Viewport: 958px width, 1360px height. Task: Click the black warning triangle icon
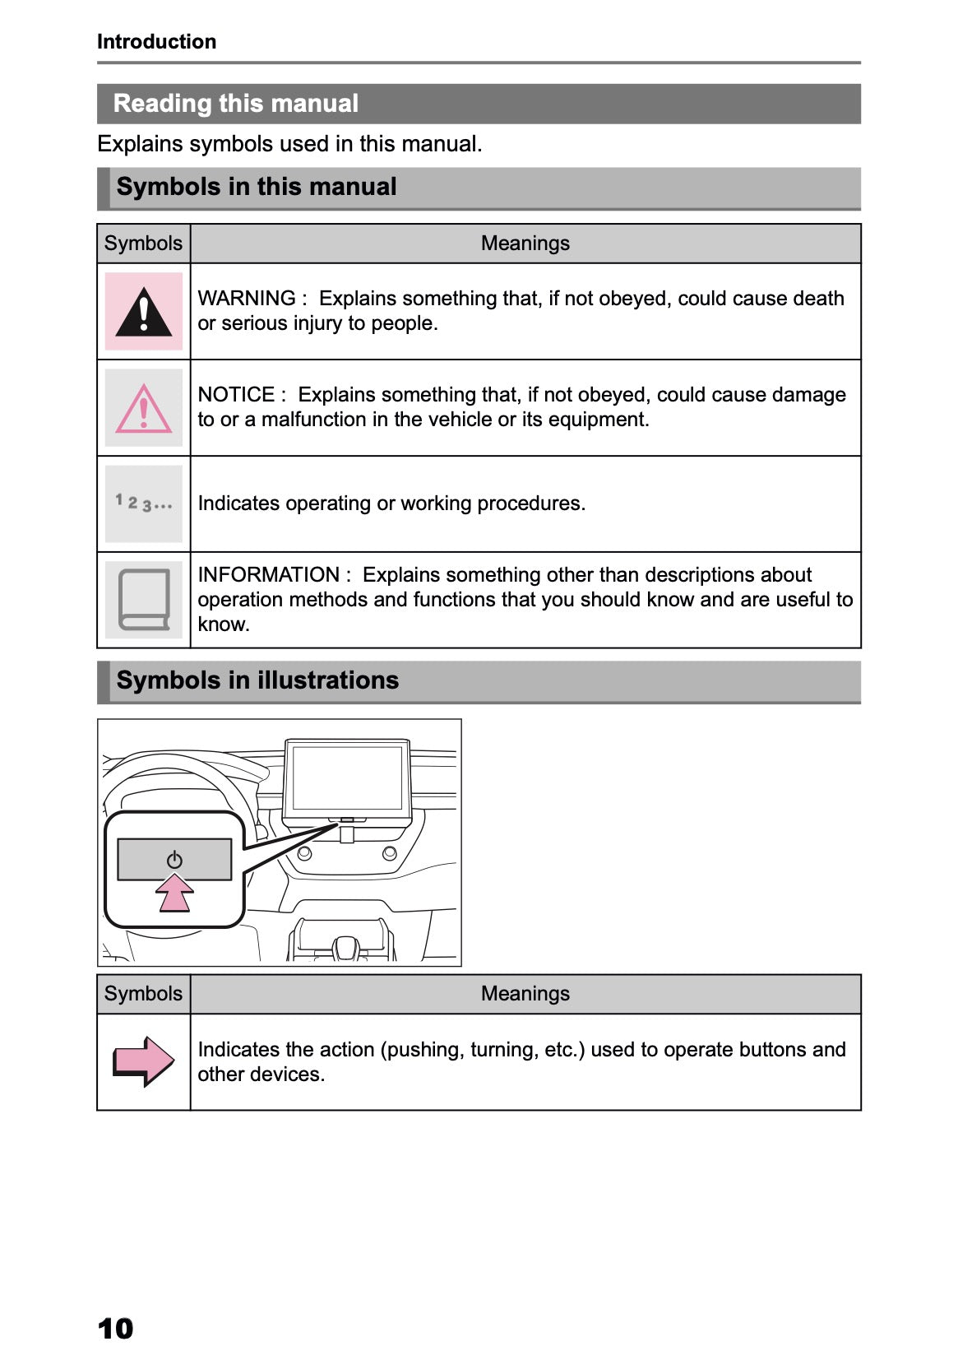(x=144, y=313)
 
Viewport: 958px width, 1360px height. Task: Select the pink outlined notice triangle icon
(x=144, y=410)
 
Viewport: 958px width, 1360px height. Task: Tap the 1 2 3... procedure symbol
(x=144, y=503)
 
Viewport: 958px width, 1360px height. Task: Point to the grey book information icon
(x=144, y=600)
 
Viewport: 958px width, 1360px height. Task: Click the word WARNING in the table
(x=246, y=299)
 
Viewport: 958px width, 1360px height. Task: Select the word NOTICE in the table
(x=236, y=395)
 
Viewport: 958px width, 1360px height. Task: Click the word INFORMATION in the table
(x=268, y=575)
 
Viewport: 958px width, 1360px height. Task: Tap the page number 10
(x=115, y=1328)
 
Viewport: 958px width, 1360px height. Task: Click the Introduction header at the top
(x=156, y=42)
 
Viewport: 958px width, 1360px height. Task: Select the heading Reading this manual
(x=235, y=104)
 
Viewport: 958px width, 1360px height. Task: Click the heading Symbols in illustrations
(x=257, y=680)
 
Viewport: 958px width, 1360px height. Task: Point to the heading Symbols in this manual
(x=256, y=187)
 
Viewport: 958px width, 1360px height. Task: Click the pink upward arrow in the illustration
(x=174, y=894)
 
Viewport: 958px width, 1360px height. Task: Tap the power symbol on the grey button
(x=174, y=861)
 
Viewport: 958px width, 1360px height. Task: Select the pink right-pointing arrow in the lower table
(x=144, y=1061)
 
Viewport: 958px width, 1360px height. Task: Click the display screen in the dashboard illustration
(x=347, y=777)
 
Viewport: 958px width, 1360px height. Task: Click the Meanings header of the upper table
(x=525, y=244)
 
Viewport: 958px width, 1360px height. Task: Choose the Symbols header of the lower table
(x=143, y=994)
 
